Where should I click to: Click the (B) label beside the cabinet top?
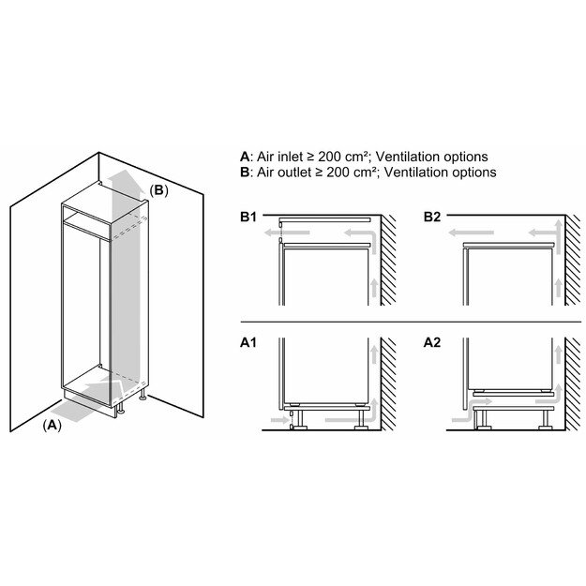158,190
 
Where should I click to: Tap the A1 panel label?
248,344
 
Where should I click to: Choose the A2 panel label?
432,344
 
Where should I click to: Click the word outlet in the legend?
293,173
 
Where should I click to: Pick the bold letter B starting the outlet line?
245,173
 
